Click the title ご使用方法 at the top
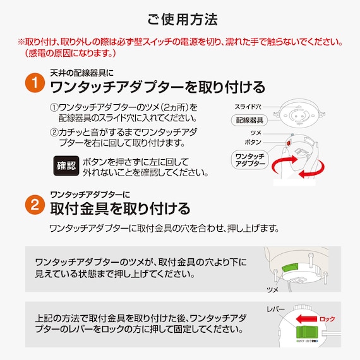coord(179,19)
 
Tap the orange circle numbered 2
coord(33,204)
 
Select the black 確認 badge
coord(65,167)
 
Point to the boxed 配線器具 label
coord(249,120)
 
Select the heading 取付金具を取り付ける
coord(120,207)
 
